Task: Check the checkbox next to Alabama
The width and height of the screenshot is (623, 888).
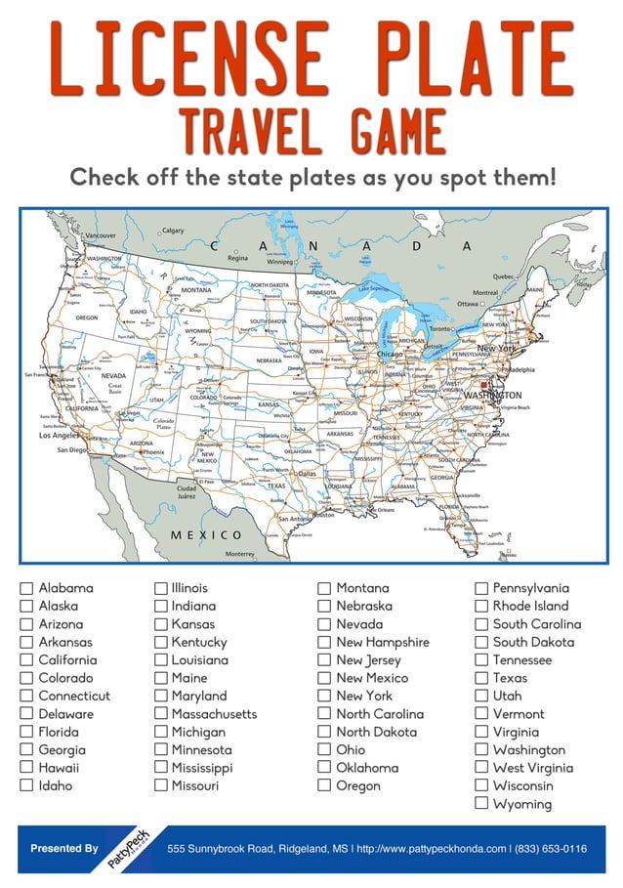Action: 26,589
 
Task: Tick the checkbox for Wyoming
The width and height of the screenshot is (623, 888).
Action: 480,804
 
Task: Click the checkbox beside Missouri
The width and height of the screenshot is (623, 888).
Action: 161,785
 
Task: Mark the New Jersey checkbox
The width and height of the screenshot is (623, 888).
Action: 324,660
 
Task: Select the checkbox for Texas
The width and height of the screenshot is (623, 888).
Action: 480,678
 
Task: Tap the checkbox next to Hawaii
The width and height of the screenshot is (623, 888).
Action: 26,768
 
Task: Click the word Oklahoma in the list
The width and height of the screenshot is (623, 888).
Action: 367,768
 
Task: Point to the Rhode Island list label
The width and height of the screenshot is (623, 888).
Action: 530,607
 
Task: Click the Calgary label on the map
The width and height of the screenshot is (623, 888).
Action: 173,231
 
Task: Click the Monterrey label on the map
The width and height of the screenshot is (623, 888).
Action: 238,554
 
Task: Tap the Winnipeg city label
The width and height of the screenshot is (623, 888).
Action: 280,262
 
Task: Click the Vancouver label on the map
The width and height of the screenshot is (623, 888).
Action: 100,235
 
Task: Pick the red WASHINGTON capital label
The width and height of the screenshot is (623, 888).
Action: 499,395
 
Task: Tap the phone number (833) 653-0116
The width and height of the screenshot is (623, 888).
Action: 552,849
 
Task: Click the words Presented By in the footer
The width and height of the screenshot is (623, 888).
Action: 64,849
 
